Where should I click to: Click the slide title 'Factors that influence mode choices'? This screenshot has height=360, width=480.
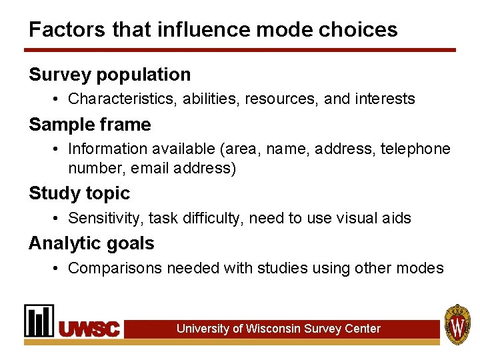[213, 29]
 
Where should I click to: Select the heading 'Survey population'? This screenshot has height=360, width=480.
[109, 75]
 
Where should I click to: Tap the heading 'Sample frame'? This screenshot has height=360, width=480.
[90, 124]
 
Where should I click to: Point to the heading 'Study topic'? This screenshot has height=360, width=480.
[79, 193]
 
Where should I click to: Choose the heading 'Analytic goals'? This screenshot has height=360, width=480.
[91, 243]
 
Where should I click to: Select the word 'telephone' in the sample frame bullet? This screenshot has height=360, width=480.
[415, 149]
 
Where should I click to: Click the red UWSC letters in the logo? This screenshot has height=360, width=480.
[90, 329]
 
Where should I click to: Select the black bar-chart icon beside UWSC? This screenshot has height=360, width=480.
[39, 321]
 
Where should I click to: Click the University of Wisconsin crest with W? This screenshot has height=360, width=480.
[457, 324]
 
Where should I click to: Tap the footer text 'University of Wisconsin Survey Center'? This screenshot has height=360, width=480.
[279, 329]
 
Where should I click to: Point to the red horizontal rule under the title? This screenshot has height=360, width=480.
[240, 50]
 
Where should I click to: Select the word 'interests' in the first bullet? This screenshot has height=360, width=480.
[386, 99]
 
